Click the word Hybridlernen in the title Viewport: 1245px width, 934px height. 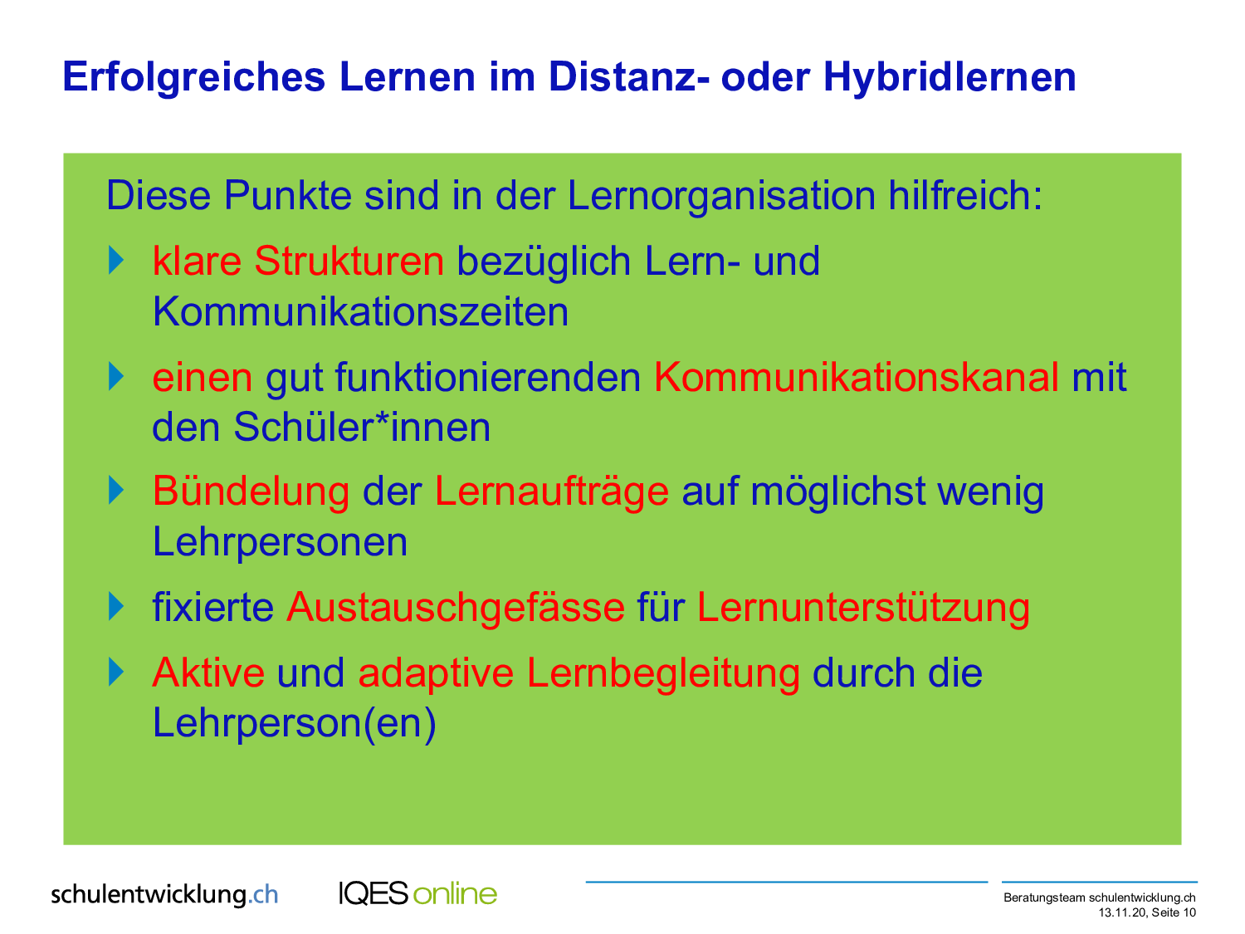pos(950,77)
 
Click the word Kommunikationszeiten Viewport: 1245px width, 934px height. pos(360,311)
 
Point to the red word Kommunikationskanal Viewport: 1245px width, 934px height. pos(857,377)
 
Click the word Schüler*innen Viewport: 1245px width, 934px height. pos(362,427)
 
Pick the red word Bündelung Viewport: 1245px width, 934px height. pos(251,491)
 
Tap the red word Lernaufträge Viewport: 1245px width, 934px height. pos(552,492)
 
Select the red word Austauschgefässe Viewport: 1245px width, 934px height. pos(456,608)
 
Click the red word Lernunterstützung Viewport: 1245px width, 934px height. pos(863,608)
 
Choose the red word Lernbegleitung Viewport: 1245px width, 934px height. pos(663,673)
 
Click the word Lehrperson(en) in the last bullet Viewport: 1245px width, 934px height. pos(295,724)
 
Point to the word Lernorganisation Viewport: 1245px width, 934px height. pos(721,196)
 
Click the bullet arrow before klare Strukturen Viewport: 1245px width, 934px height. pos(115,261)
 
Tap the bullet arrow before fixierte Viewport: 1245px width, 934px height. pos(115,606)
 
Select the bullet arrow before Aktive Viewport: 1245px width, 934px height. pos(115,672)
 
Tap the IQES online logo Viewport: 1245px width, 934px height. pos(417,894)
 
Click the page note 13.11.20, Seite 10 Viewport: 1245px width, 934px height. pos(1147,913)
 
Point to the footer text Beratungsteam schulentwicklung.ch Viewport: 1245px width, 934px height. pos(1099,897)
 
